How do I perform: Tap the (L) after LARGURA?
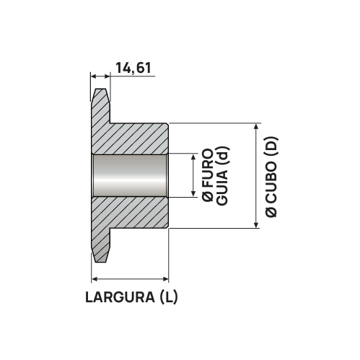[x=167, y=297]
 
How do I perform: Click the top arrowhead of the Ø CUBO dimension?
[x=257, y=127]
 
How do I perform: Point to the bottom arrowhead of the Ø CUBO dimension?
[x=257, y=224]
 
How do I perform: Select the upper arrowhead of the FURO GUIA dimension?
[x=193, y=157]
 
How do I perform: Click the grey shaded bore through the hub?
[x=130, y=175]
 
